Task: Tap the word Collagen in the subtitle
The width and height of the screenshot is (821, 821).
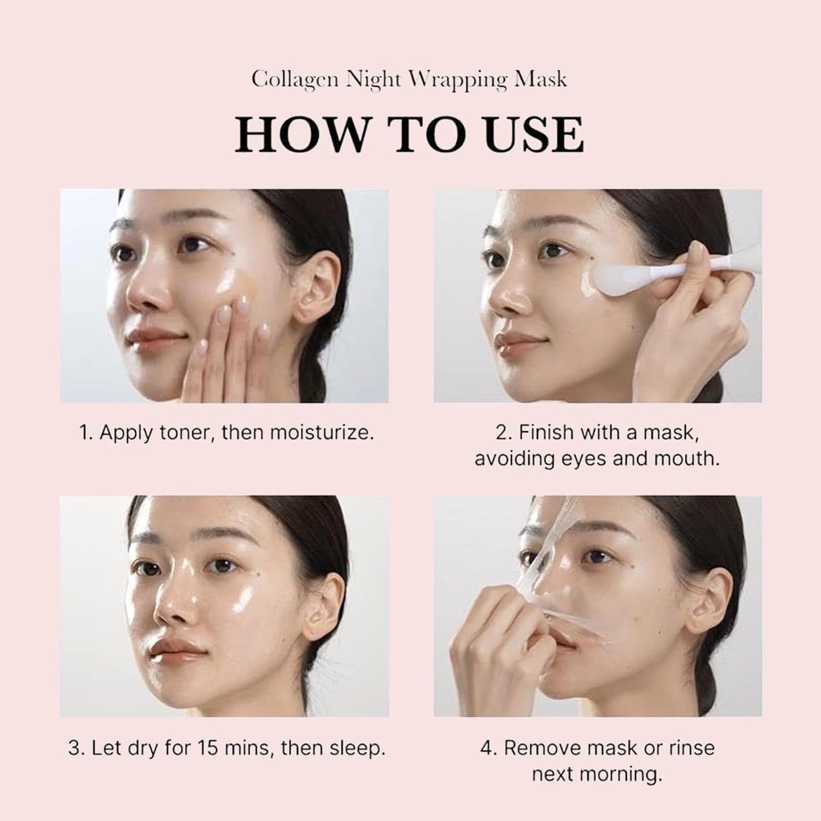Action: point(293,79)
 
